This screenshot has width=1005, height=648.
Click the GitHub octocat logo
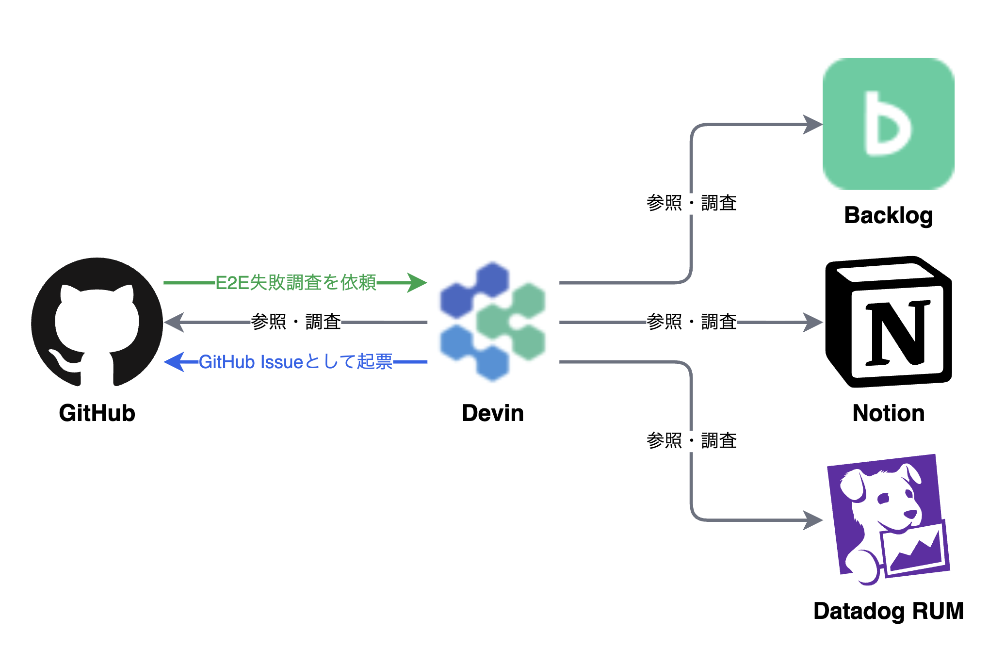click(x=97, y=323)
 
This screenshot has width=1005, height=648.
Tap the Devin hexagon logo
click(x=493, y=322)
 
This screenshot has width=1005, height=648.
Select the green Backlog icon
click(x=888, y=124)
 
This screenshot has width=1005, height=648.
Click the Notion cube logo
click(x=888, y=322)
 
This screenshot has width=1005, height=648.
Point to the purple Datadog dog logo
click(x=888, y=519)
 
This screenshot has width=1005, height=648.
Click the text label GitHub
click(x=97, y=413)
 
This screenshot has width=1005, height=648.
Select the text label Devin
click(x=493, y=413)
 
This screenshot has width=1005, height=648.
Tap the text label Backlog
click(x=888, y=215)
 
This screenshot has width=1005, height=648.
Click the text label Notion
click(x=888, y=413)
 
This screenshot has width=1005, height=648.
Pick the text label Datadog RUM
click(x=888, y=611)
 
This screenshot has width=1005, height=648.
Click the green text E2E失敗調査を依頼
click(x=295, y=282)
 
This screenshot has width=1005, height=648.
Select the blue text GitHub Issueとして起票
click(x=295, y=362)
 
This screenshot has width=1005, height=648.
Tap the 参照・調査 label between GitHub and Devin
click(x=295, y=322)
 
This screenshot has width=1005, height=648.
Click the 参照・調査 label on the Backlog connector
click(x=691, y=203)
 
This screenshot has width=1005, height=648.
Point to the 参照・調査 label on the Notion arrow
click(x=691, y=322)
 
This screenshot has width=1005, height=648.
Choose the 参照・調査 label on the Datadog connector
click(x=691, y=441)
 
